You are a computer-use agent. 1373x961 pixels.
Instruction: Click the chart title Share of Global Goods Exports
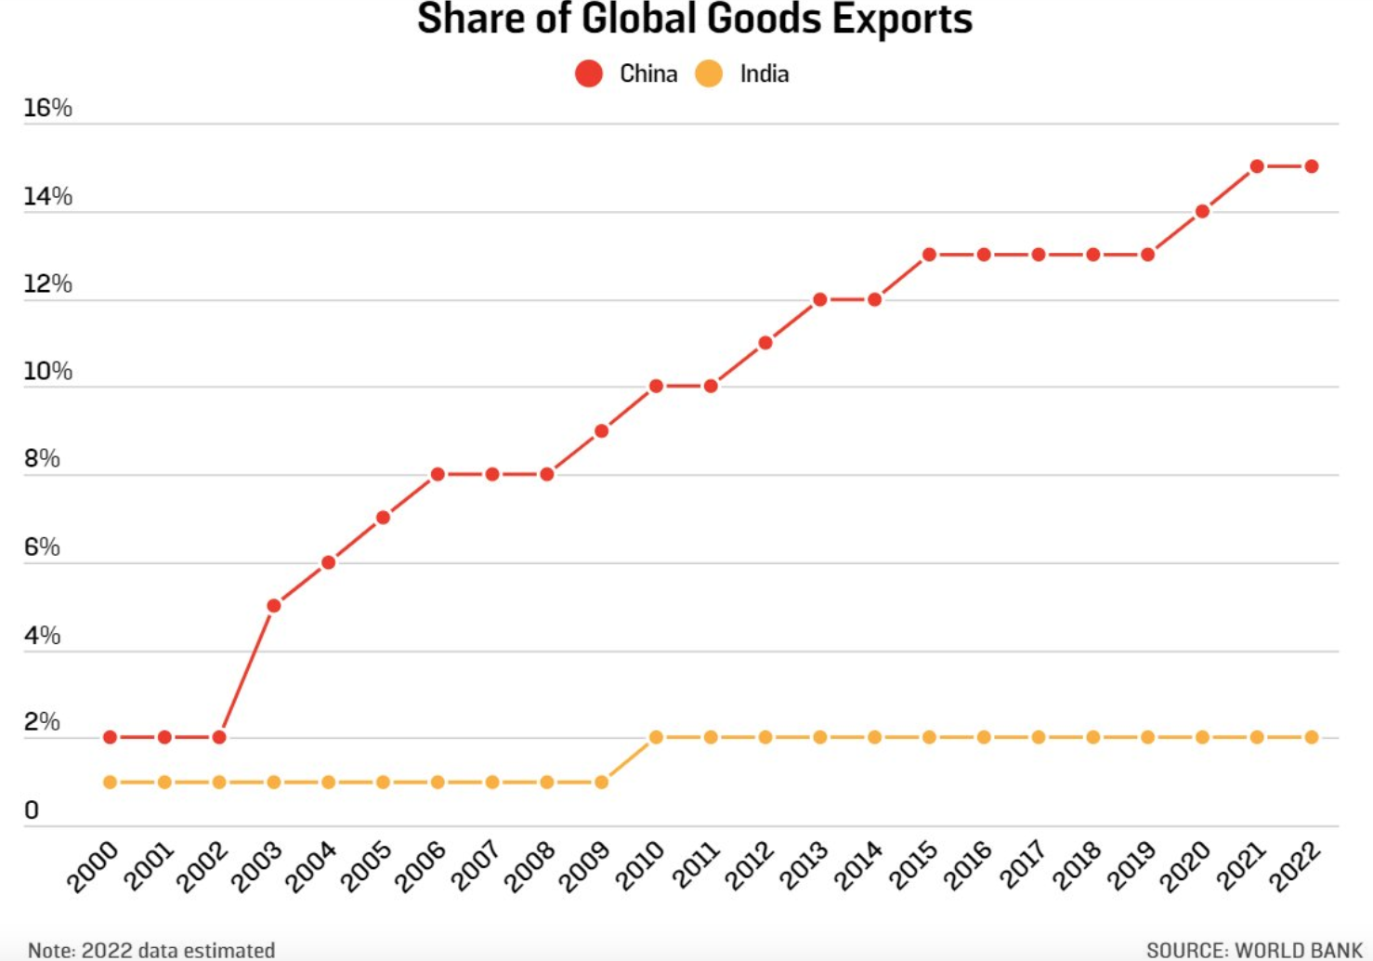coord(694,20)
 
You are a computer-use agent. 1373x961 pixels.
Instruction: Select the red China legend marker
coord(589,73)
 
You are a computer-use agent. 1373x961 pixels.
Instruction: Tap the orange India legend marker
coord(709,73)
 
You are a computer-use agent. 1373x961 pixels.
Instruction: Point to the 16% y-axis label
coord(47,108)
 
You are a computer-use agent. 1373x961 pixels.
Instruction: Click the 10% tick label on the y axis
coord(47,372)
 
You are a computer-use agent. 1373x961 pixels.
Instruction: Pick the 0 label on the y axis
coord(32,810)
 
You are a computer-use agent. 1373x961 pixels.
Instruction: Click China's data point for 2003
coord(274,606)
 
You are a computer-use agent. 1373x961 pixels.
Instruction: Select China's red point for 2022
coord(1312,166)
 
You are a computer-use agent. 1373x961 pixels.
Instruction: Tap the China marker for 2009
coord(601,430)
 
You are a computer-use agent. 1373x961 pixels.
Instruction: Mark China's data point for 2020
coord(1202,211)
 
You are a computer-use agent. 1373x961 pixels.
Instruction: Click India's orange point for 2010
coord(656,737)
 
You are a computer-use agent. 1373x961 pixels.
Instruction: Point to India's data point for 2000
coord(111,783)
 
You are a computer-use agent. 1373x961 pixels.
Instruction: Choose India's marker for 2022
coord(1312,737)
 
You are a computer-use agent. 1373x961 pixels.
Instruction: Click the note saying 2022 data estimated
coord(151,950)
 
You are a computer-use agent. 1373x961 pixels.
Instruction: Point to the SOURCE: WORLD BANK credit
coord(1254,950)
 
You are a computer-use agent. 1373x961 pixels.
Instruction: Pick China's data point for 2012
coord(765,343)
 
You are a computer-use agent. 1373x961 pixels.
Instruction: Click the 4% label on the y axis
coord(42,636)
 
